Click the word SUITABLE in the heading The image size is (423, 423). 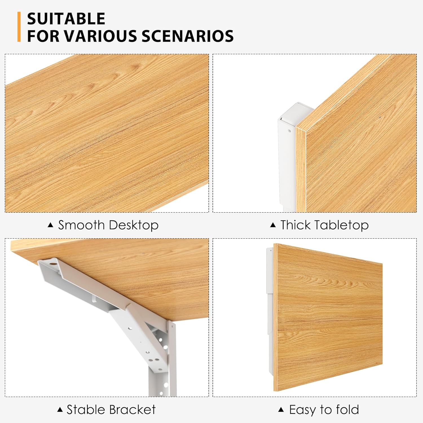tap(66, 19)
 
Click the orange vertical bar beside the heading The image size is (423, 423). tap(19, 27)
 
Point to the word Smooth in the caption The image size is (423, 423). tap(81, 225)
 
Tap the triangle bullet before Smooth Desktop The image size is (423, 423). tap(50, 225)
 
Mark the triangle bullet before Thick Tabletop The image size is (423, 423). tap(273, 225)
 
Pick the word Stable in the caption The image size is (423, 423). tap(85, 410)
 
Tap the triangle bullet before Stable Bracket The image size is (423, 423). tap(60, 409)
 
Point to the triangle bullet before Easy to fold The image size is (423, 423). tap(281, 409)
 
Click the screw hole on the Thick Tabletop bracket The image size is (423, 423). tap(289, 131)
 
